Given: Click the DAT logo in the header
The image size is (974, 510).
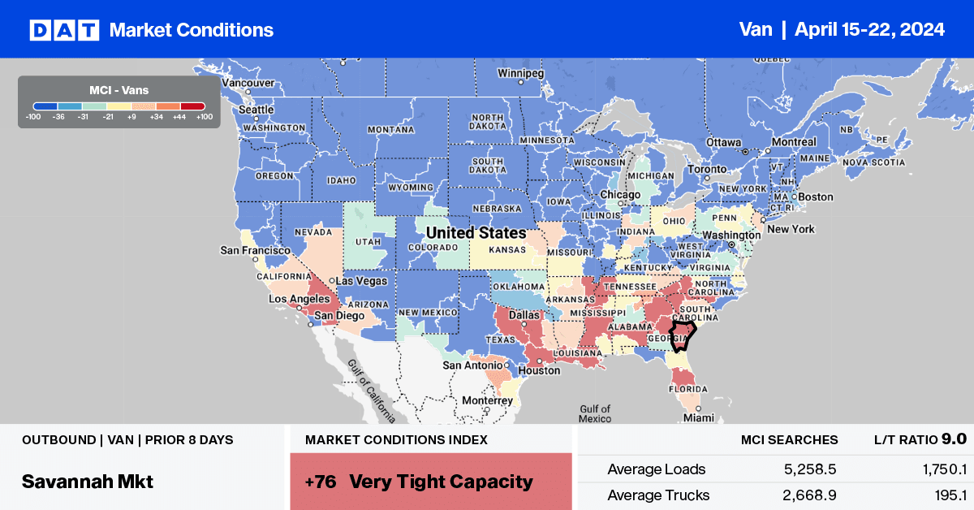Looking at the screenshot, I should [64, 30].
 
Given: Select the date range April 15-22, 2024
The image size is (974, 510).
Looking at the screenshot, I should [869, 30].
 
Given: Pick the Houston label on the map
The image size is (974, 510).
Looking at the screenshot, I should [541, 370].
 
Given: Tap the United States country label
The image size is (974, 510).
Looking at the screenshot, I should [476, 233].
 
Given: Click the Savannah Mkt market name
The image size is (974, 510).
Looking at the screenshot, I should [88, 481].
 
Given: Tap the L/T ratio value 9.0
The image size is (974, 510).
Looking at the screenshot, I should [954, 439].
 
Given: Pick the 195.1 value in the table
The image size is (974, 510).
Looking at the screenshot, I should [949, 495].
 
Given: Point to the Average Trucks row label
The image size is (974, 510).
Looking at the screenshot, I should [658, 495].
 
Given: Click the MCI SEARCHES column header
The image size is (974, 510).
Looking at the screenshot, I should [789, 440].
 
